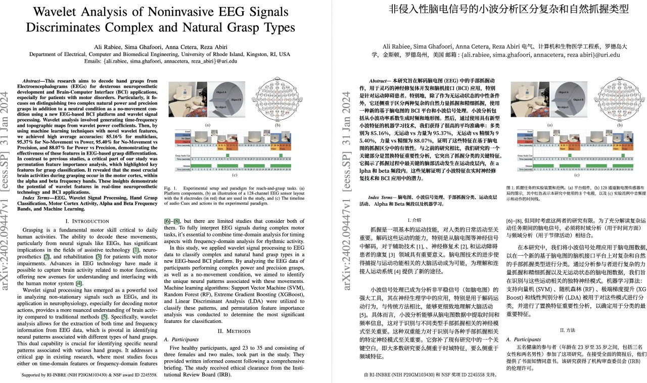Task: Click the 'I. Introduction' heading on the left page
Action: (x=88, y=221)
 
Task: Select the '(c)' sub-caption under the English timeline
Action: (x=235, y=175)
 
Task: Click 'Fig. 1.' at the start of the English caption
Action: (x=171, y=188)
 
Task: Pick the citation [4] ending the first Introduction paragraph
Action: (x=79, y=283)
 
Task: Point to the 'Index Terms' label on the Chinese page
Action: (x=382, y=196)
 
